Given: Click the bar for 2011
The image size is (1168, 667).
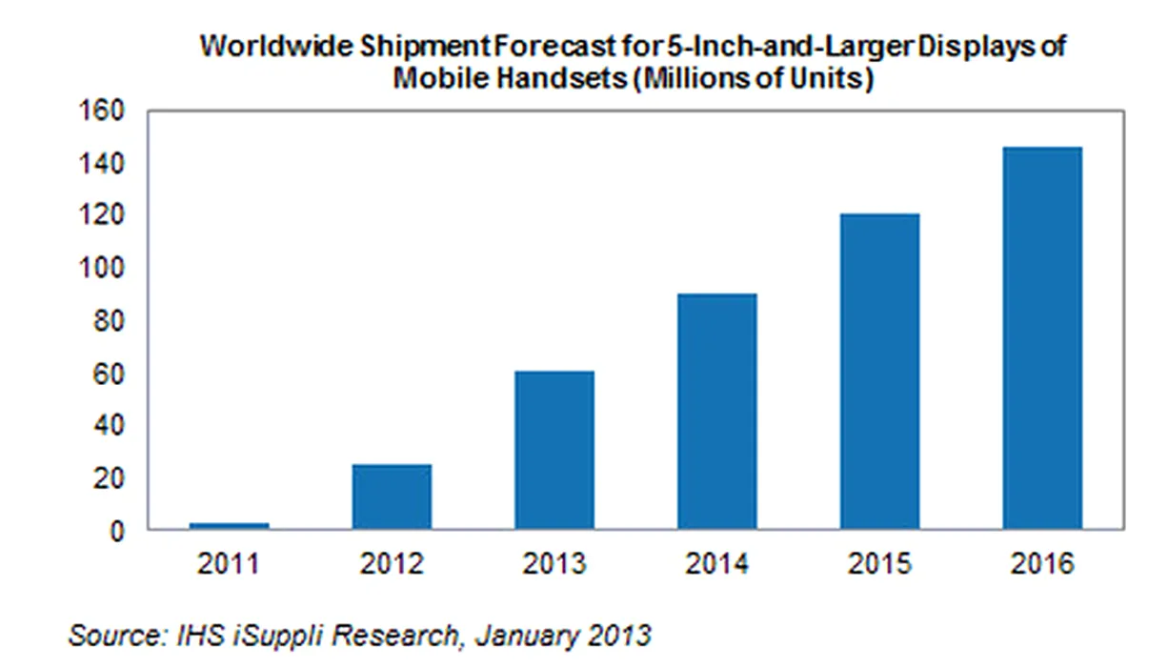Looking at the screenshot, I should point(230,525).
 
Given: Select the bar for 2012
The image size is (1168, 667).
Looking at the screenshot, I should point(392,496).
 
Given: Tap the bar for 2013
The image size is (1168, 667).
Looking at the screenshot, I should point(554,450).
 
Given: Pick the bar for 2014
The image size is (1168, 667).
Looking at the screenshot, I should point(716,411).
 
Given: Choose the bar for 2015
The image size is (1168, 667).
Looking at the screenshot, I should point(879,371).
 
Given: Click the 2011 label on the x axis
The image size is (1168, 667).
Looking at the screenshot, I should point(230,564).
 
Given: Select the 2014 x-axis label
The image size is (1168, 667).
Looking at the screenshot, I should point(716,564).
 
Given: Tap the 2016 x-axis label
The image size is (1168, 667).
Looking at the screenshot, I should point(1041,564).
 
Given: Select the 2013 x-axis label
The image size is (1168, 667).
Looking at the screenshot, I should point(554,564).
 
